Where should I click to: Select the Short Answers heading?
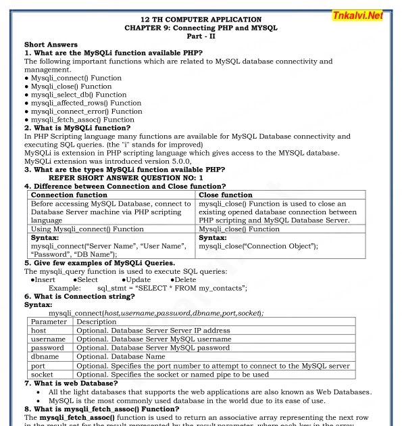pos(51,44)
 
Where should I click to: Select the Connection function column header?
pos(70,195)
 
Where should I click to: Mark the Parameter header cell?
pos(49,322)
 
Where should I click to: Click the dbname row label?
pos(45,356)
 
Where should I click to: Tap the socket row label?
pos(43,374)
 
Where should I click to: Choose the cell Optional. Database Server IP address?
pos(153,331)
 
